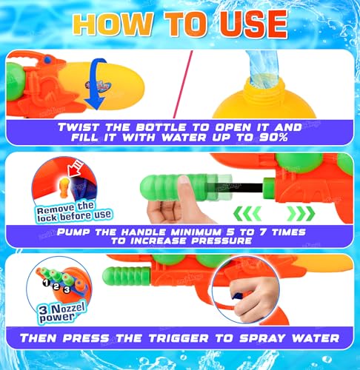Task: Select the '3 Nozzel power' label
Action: pyautogui.click(x=51, y=316)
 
